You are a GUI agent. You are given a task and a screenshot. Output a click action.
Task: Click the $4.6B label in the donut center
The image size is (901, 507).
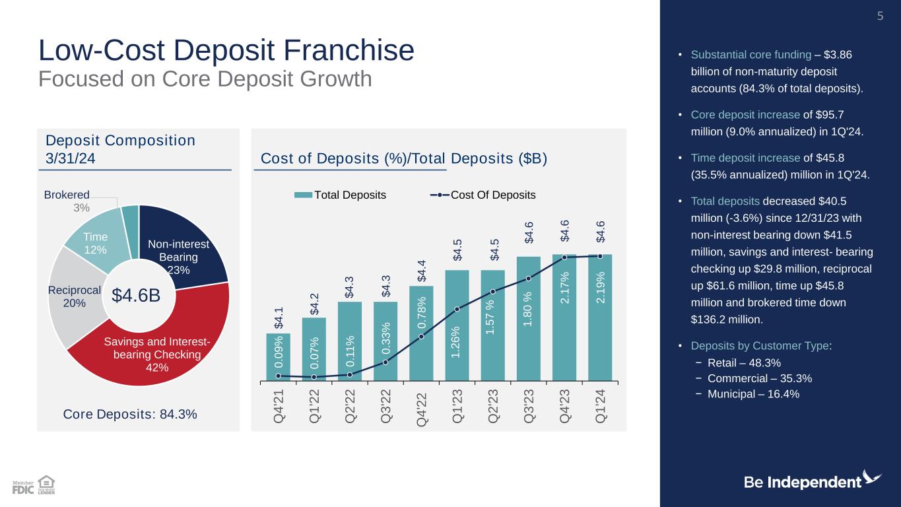[136, 296]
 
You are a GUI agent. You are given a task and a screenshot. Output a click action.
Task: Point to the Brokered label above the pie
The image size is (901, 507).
[67, 195]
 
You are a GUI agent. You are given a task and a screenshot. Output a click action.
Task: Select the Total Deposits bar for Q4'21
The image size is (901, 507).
[278, 356]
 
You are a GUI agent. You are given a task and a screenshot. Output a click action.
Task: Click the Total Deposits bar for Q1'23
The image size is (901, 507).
[457, 330]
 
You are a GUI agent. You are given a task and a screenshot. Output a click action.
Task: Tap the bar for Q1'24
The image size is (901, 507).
[600, 317]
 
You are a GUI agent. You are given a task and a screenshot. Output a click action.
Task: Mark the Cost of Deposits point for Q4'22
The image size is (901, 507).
[421, 337]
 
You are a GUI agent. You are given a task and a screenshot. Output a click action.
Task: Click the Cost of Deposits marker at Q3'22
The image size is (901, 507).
[385, 362]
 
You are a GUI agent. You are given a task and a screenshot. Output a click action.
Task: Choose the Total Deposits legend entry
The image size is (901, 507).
[340, 195]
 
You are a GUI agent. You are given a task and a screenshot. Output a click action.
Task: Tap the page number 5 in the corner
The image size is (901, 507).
[879, 16]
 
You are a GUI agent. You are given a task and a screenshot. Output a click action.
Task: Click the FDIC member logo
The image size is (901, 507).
[23, 487]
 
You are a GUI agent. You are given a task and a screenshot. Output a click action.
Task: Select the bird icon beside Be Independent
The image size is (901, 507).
[872, 478]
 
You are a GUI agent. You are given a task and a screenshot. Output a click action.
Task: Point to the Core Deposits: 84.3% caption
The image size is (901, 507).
[130, 415]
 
